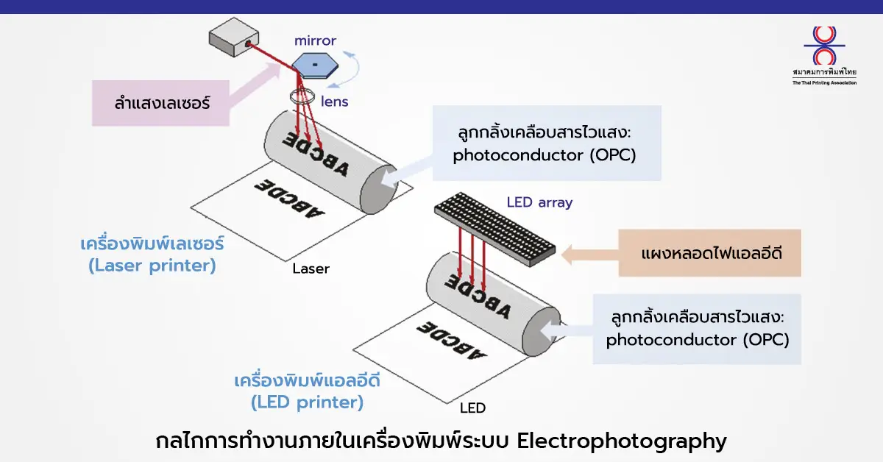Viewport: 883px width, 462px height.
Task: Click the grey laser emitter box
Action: coord(234,37)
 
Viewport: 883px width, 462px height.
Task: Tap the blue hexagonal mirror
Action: coord(315,65)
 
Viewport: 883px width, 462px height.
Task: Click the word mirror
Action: coord(315,40)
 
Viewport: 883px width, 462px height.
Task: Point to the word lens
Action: coord(334,102)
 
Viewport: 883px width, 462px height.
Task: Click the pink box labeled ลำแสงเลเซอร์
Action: coord(160,103)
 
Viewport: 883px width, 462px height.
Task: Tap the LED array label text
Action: coord(539,202)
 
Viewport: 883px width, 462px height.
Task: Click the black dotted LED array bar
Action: coord(495,229)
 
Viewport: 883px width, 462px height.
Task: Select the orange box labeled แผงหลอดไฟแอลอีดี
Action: coord(709,252)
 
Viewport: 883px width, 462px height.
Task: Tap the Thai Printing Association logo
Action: coord(824,56)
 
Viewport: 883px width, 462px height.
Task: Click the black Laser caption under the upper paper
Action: coord(311,269)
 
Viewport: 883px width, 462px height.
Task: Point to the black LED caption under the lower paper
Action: coord(472,408)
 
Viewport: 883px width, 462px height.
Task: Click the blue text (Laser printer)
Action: coord(152,266)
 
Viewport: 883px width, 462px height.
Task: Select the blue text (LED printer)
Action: coord(307,402)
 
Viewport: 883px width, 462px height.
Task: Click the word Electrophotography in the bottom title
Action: coord(622,441)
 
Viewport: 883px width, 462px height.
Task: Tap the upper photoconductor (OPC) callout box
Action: coord(547,143)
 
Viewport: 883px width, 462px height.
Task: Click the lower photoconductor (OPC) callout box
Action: coord(697,329)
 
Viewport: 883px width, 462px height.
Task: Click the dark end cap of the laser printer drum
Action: coord(379,190)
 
